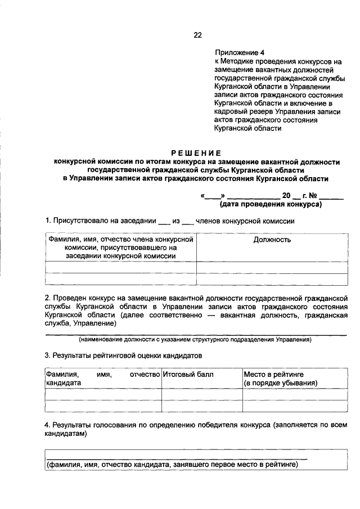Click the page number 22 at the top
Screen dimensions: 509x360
(197, 35)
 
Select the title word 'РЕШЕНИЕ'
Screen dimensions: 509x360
(196, 152)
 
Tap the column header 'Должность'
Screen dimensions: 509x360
(272, 240)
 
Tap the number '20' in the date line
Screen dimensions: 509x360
(287, 196)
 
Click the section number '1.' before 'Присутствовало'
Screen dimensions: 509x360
(48, 221)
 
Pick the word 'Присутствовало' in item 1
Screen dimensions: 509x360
(82, 221)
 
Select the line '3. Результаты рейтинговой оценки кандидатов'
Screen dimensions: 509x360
(123, 355)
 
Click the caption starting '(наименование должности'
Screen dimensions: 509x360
(195, 340)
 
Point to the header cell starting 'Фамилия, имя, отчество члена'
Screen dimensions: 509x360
(120, 247)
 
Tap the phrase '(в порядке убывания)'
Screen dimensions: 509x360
(280, 382)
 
